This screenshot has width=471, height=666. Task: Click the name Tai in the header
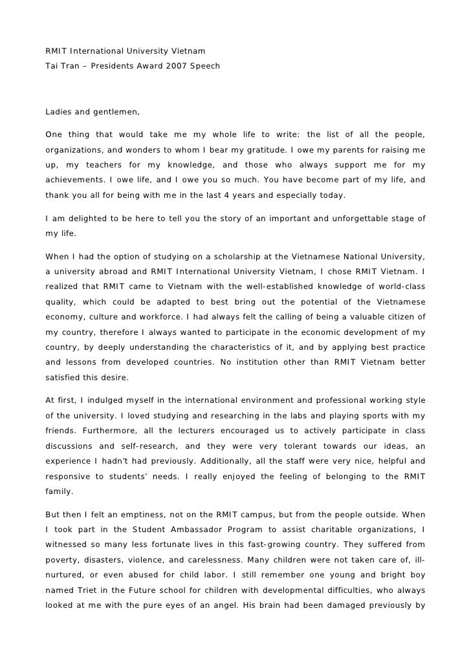(x=52, y=66)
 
